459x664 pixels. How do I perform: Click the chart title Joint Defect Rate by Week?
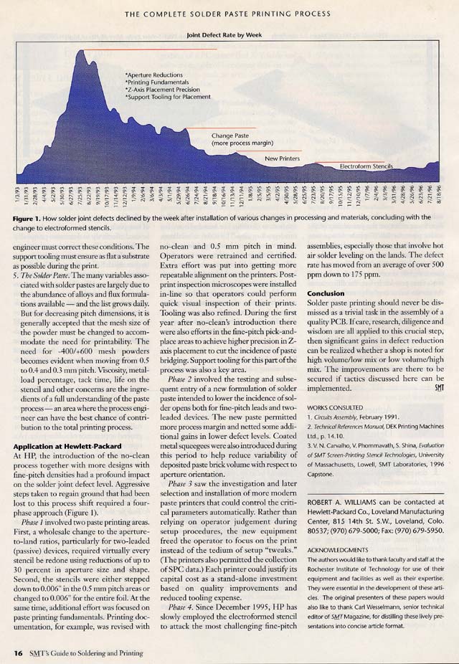(x=229, y=34)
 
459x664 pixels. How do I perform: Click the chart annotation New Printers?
(x=282, y=158)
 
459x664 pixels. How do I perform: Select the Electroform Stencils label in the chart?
(x=366, y=166)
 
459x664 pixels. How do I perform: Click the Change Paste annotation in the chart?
(x=230, y=135)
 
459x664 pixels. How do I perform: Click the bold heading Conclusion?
(x=326, y=293)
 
